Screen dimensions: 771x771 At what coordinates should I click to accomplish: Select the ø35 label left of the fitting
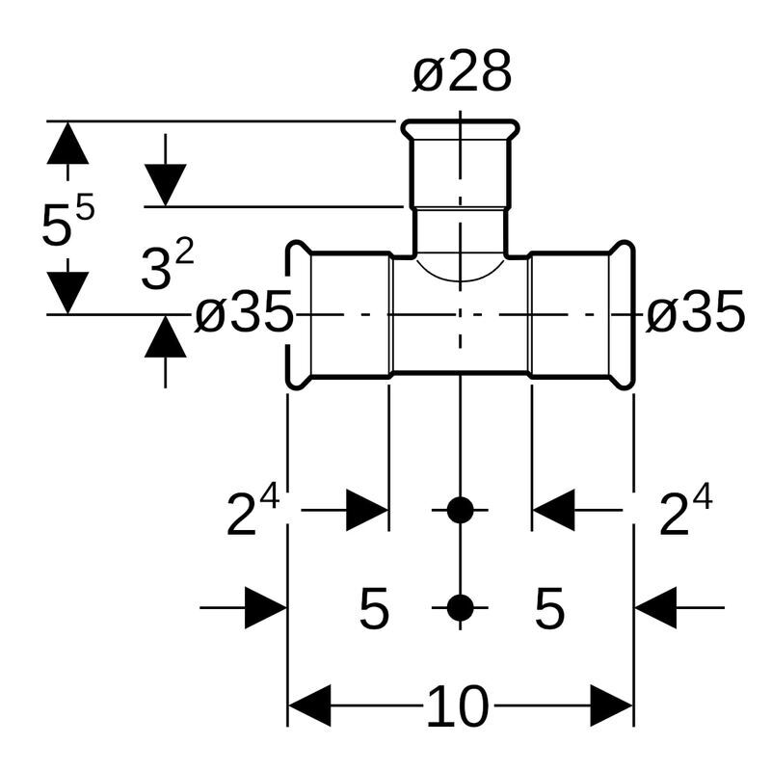click(243, 313)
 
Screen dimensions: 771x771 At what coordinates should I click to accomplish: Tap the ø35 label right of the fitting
click(695, 312)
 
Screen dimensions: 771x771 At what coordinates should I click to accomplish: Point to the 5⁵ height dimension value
click(67, 225)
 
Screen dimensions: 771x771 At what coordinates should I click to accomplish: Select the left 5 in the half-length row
click(374, 609)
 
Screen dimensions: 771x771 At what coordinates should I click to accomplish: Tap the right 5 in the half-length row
click(549, 609)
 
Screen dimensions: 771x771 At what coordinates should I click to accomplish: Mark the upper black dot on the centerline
click(461, 510)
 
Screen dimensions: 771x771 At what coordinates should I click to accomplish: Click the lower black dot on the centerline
click(461, 608)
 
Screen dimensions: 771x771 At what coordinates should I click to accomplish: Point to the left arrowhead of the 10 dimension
click(309, 706)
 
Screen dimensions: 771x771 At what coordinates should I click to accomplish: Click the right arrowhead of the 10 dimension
click(612, 706)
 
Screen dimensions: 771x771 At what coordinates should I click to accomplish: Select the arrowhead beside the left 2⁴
click(367, 510)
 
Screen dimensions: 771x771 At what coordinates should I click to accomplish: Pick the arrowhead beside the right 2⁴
click(553, 510)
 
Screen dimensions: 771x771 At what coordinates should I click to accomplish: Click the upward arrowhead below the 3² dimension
click(166, 337)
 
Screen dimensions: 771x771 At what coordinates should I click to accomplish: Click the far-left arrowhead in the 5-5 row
click(266, 608)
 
